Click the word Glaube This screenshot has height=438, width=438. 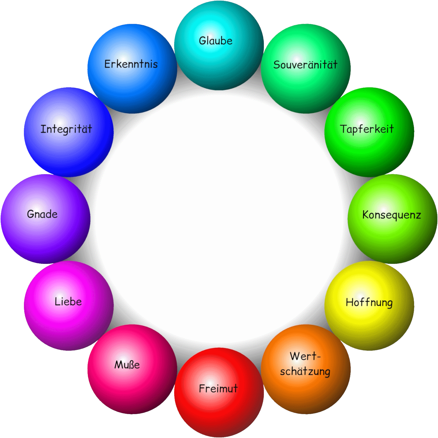pos(216,41)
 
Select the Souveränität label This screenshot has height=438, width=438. pos(305,64)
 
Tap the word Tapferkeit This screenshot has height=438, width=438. pos(367,129)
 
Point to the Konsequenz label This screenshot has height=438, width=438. pos(391,215)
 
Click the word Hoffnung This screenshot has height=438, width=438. pos(369,302)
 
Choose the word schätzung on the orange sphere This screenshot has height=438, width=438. pos(305,371)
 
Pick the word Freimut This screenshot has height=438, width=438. pos(218,389)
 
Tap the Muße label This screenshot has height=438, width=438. pos(127,365)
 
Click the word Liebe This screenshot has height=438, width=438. pos(68,301)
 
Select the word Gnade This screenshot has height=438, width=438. pos(42,214)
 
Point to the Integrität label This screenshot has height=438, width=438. pos(66,129)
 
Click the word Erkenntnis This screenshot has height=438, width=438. pos(131,64)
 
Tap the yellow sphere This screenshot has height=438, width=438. pos(369,306)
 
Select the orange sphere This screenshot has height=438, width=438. pos(306,369)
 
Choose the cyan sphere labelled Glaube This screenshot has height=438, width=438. pos(219,45)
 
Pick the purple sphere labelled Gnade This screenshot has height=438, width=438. pos(45,219)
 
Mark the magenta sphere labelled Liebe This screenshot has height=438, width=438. pos(69,306)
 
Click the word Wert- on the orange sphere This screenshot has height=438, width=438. pos(305,356)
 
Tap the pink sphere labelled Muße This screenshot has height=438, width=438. pos(132,369)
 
